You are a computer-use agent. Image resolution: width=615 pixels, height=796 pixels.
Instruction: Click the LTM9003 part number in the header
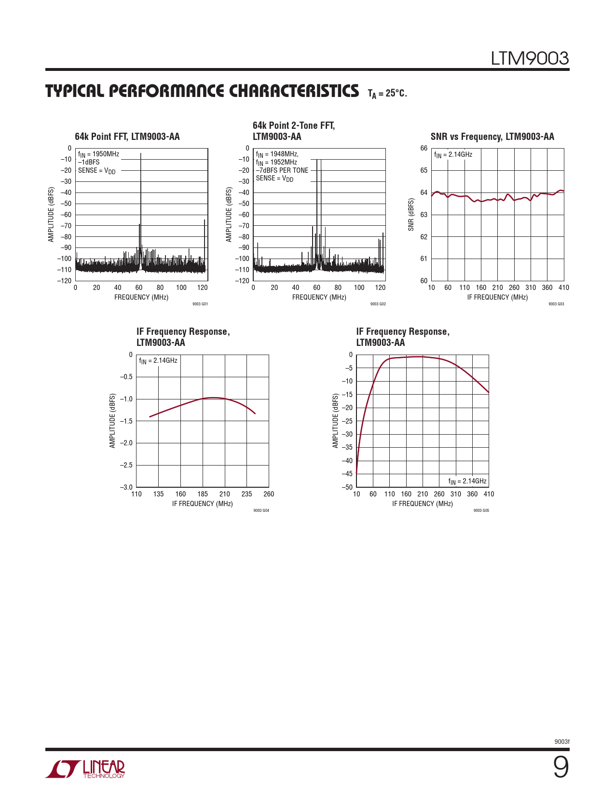[x=530, y=58]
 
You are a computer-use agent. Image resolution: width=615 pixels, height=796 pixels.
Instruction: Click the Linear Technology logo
[x=85, y=769]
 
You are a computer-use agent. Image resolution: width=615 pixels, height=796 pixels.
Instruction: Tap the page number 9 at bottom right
[x=560, y=768]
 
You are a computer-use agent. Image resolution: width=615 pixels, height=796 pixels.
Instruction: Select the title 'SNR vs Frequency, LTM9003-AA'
[x=492, y=137]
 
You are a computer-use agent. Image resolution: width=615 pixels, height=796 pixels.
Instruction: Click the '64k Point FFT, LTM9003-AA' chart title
[x=127, y=137]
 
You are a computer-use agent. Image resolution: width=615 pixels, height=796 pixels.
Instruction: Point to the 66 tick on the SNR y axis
[x=424, y=148]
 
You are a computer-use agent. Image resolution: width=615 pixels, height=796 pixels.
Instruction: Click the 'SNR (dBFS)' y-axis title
[x=411, y=214]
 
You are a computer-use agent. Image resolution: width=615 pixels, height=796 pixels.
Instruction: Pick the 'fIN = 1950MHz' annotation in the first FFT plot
[x=98, y=154]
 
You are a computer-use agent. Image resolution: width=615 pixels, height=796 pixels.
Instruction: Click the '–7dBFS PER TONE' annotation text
[x=282, y=170]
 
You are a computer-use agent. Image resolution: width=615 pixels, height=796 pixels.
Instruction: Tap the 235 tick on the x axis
[x=246, y=494]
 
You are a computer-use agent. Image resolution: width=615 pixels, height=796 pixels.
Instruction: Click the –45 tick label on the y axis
[x=347, y=474]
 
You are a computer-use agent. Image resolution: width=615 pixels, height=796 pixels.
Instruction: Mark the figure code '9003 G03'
[x=556, y=304]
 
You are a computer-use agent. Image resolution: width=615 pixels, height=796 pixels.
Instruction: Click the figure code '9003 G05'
[x=481, y=510]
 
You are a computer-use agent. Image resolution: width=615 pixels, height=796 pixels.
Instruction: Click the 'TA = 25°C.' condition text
[x=387, y=93]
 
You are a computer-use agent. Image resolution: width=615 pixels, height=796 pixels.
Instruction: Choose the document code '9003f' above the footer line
[x=562, y=741]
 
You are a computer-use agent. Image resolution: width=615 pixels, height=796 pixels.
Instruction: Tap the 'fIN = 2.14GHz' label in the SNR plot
[x=453, y=155]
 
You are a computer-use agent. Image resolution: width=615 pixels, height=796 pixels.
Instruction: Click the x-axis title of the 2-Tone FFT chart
[x=319, y=297]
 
